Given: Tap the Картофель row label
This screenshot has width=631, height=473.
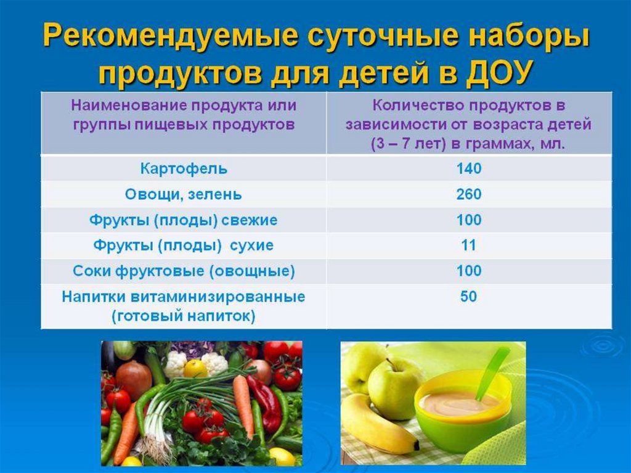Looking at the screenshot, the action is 184,168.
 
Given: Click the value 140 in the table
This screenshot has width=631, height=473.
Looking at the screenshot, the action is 469,168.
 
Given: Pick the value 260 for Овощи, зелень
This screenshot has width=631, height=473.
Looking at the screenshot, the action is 469,194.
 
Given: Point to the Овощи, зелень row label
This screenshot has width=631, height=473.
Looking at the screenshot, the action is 184,195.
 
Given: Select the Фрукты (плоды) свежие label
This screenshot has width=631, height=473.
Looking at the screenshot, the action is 184,220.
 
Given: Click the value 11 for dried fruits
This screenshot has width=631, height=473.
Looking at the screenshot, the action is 468,245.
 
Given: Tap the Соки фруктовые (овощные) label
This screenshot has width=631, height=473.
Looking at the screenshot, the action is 184,271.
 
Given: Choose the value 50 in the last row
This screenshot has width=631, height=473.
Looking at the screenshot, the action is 468,297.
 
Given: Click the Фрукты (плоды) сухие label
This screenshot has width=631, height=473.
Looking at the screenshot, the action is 184,245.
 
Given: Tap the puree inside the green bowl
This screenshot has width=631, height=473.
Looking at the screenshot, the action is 458,401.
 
